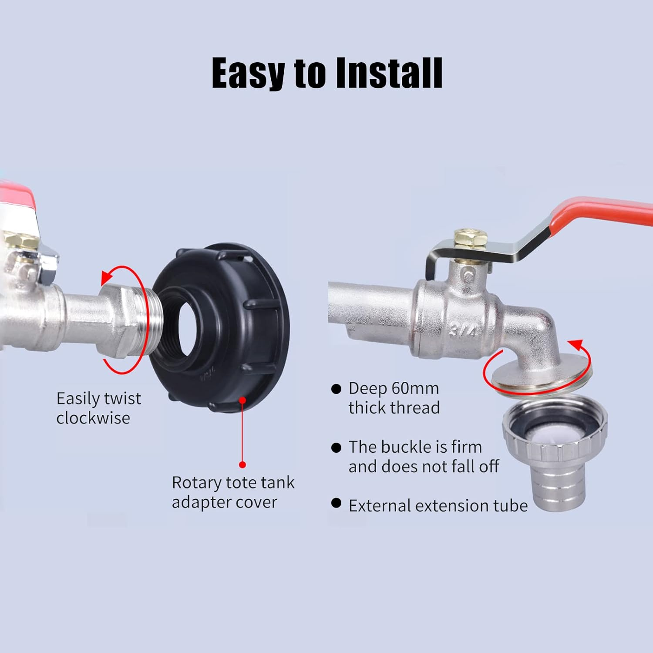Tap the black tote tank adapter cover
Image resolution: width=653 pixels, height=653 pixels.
219,329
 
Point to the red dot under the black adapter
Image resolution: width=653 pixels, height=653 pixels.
242,465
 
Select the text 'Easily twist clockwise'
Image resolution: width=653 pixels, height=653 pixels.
99,408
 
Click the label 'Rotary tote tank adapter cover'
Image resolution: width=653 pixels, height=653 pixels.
233,492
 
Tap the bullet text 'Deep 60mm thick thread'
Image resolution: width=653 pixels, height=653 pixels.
394,398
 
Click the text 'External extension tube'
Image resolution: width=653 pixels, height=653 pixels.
438,505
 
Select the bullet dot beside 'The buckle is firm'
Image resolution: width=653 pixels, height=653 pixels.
336,448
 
